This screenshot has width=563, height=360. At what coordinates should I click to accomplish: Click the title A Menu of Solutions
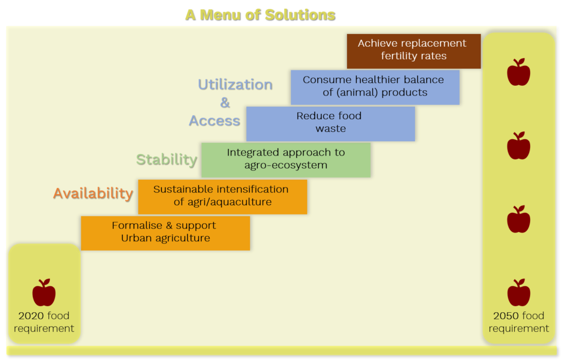(x=260, y=15)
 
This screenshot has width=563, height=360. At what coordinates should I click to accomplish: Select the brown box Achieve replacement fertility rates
(x=413, y=51)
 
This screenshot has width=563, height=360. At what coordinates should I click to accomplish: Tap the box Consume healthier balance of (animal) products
(x=375, y=87)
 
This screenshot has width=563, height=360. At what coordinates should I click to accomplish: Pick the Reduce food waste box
(x=330, y=124)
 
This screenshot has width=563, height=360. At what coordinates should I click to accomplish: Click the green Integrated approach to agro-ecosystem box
(x=286, y=160)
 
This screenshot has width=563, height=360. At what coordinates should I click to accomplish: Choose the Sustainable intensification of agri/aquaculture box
(x=223, y=197)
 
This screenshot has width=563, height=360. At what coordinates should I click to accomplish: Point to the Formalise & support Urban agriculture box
(x=165, y=233)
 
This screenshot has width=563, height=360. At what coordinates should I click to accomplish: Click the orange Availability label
(x=93, y=193)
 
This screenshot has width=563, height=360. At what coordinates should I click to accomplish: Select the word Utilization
(x=235, y=85)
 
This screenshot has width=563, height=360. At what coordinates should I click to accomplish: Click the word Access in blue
(x=215, y=121)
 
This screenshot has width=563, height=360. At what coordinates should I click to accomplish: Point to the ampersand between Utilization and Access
(x=225, y=103)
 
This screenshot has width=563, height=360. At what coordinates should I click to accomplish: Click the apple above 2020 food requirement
(x=44, y=292)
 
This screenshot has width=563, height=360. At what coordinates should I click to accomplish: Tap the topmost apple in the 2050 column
(x=518, y=72)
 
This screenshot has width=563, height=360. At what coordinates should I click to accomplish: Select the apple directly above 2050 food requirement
(x=518, y=292)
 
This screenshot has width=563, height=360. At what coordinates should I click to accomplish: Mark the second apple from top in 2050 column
(x=518, y=145)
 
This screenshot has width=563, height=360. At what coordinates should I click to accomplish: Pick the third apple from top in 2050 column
(x=518, y=219)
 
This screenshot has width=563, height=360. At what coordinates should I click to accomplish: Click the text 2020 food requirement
(x=44, y=322)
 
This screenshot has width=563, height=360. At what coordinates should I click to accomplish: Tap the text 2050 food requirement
(x=518, y=322)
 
